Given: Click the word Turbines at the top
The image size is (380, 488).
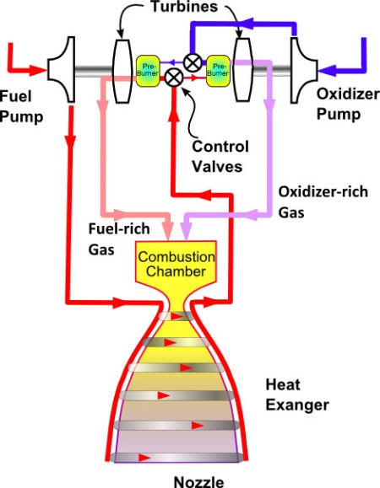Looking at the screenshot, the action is click(x=185, y=6).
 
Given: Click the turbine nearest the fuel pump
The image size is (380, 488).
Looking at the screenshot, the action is click(x=122, y=71).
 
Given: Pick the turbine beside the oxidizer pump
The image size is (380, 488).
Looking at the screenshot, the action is click(x=243, y=70).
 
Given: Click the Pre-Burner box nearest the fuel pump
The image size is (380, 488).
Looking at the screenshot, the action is click(x=148, y=71).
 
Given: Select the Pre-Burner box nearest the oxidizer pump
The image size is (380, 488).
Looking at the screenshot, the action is click(x=218, y=71).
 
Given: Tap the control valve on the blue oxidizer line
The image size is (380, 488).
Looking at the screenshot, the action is click(x=193, y=62).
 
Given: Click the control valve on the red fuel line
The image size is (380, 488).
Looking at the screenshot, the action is click(x=174, y=78).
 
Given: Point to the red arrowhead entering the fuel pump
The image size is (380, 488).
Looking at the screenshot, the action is click(x=38, y=70).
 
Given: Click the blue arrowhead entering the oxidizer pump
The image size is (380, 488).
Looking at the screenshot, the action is click(x=327, y=71).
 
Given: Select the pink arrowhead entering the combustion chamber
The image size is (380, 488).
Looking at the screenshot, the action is click(x=169, y=233).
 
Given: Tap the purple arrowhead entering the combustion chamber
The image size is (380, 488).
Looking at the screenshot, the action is click(x=186, y=233).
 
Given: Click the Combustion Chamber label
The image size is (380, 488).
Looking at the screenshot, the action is click(x=176, y=264).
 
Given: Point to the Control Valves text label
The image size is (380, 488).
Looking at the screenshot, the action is click(x=220, y=156).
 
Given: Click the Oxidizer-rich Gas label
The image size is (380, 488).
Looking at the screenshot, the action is click(x=323, y=202).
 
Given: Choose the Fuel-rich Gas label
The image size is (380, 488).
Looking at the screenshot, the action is click(x=119, y=239).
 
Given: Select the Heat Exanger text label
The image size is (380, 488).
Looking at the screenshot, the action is click(x=297, y=395).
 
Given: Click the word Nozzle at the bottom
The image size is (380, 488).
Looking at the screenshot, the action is click(x=198, y=482).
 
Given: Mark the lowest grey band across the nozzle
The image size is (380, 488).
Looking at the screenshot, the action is click(x=176, y=458).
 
